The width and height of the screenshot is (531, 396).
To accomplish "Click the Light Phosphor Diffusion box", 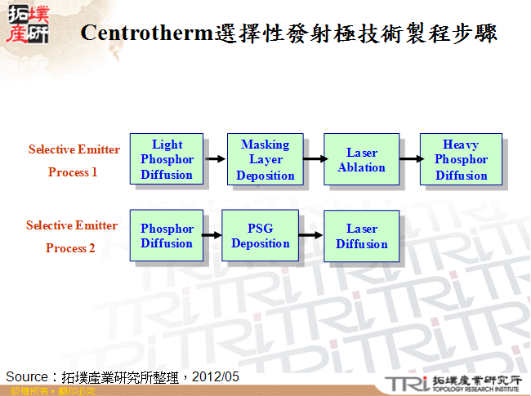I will [x=167, y=159].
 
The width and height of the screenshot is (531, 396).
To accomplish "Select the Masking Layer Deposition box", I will [x=265, y=160].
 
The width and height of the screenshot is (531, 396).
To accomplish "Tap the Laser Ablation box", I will [x=361, y=160].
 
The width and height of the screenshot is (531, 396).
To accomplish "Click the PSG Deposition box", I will [x=260, y=236].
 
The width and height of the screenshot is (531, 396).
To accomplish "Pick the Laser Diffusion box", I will [x=361, y=236].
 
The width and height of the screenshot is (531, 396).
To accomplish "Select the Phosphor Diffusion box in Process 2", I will [x=167, y=236].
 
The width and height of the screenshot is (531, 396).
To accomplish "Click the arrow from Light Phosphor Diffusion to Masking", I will [x=215, y=159].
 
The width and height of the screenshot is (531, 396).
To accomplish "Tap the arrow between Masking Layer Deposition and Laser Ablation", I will [x=313, y=159].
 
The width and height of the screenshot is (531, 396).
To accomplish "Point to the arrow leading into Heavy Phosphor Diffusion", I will [x=409, y=159].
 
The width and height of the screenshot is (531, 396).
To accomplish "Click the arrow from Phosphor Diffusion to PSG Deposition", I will [x=212, y=236].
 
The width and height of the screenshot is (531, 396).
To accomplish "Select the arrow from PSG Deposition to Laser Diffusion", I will [x=310, y=236].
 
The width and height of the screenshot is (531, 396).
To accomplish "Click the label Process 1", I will [x=73, y=172].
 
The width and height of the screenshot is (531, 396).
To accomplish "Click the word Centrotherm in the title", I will [x=146, y=34].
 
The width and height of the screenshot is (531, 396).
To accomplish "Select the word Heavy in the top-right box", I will [x=461, y=145].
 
